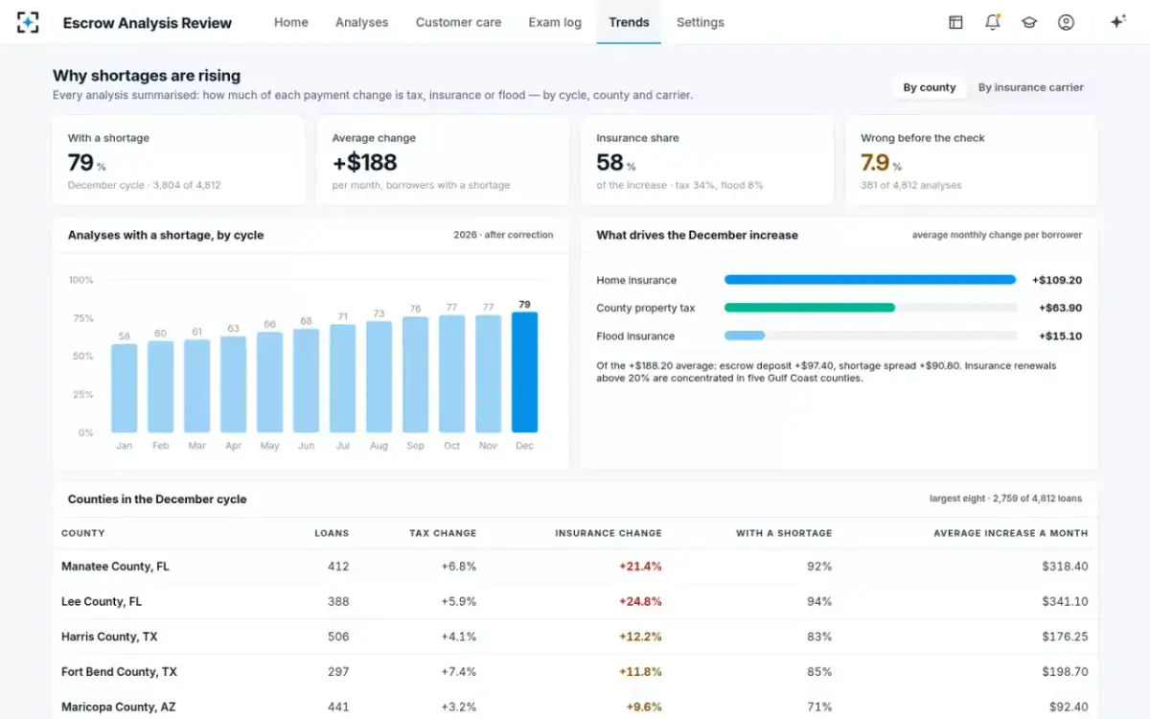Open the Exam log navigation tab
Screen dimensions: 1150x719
tap(555, 23)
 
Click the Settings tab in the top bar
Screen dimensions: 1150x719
tap(700, 23)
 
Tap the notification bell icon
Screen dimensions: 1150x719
tap(993, 22)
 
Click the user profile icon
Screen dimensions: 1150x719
tap(1066, 22)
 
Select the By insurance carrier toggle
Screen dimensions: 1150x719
tap(1030, 87)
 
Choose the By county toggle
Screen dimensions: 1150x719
tap(930, 87)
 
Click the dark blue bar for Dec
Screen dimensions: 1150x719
tap(524, 372)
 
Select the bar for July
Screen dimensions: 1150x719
tap(342, 378)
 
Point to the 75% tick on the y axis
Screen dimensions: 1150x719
tap(83, 318)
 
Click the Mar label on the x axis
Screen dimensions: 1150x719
tap(196, 446)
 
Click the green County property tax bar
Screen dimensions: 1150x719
tap(809, 308)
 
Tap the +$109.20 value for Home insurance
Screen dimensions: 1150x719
tap(1056, 280)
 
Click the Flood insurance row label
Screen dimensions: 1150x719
tap(635, 336)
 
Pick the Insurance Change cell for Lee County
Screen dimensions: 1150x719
tap(640, 601)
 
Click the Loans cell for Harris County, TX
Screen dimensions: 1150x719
tap(338, 637)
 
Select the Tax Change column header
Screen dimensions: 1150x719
tap(443, 533)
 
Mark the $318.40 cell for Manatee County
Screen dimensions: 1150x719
tap(1065, 566)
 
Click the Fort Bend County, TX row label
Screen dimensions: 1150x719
tap(119, 672)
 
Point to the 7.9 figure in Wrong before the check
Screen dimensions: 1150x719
tap(875, 162)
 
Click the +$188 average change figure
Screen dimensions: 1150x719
tap(364, 162)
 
